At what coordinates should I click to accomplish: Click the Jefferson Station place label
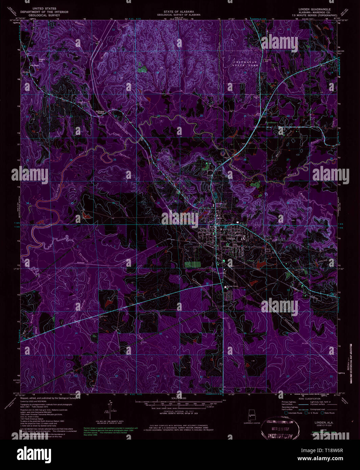tap(100, 112)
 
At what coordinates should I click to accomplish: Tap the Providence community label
tap(271, 122)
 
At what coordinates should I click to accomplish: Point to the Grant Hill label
tap(42, 60)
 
